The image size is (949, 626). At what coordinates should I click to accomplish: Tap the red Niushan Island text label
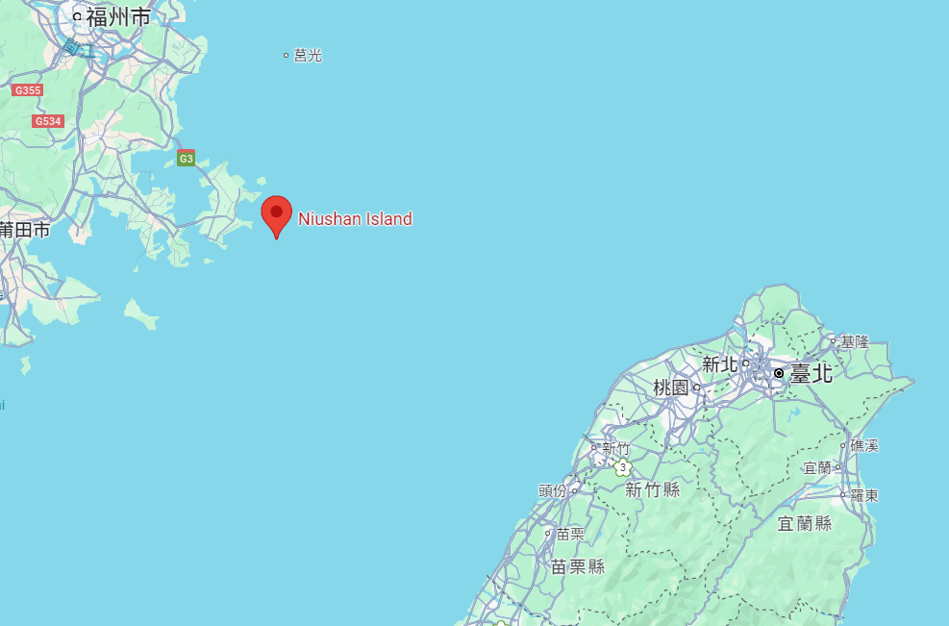coord(355,219)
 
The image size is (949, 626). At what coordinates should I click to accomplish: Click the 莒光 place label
coord(308,56)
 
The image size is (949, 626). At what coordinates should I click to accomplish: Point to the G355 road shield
coord(28,90)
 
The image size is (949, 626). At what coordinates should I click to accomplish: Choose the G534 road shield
coord(47,121)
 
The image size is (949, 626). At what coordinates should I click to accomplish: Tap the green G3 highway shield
coord(187,159)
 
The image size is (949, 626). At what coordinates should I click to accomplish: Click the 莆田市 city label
coord(25,230)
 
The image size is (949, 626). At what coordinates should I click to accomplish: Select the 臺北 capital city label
coord(811,373)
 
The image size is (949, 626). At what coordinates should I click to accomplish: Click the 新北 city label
coord(719,363)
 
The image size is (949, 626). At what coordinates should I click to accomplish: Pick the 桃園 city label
coord(671,388)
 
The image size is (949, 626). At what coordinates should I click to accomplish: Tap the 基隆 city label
coord(854,341)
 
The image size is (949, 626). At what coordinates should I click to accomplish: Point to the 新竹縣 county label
coord(652,490)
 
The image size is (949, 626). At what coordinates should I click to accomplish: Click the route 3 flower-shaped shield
coord(623,467)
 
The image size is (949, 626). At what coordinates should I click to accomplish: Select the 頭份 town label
coord(553,490)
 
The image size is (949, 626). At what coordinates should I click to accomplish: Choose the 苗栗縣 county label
coord(578,566)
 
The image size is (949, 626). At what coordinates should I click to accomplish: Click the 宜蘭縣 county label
coord(805,523)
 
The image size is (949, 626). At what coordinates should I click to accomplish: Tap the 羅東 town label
coord(864,495)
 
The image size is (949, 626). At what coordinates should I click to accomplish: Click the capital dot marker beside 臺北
coord(778,373)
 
